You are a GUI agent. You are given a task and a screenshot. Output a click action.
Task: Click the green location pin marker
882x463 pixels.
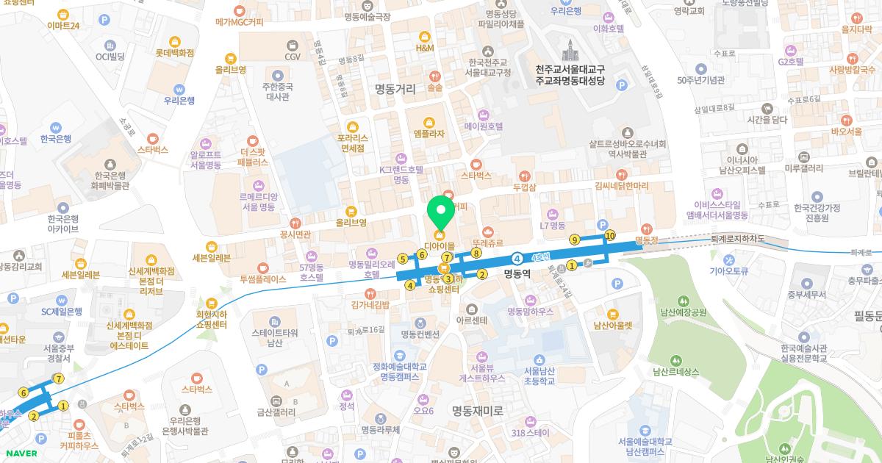pos(441,213)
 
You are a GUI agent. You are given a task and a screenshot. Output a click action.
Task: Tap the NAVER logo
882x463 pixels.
pos(19,453)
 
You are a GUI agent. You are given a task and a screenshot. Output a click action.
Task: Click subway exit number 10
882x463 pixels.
pos(609,235)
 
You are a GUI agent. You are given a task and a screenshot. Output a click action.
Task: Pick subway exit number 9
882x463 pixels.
pos(575,240)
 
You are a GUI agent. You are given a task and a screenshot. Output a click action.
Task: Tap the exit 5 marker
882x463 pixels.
pos(402,258)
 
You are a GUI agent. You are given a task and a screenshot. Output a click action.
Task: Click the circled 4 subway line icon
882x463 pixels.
pos(517,258)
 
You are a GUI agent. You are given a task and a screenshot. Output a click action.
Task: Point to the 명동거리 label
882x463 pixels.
pos(395,90)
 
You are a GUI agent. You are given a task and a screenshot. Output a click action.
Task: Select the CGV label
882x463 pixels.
pos(293,56)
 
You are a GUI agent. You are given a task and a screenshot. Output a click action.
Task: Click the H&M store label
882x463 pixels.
pos(425,48)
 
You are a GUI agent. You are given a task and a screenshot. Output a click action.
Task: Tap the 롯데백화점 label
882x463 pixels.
pos(174,53)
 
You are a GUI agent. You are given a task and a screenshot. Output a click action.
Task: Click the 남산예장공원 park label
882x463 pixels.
pos(684,312)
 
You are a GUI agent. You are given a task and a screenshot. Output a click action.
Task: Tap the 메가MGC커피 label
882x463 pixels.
pos(239,23)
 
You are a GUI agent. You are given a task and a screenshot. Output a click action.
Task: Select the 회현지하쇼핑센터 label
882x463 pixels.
pos(212,319)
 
